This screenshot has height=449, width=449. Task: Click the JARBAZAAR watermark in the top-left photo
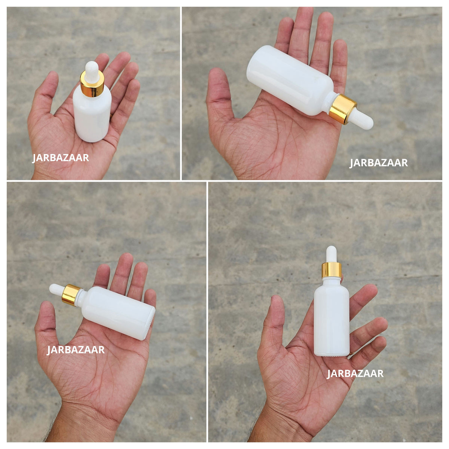[x=61, y=158]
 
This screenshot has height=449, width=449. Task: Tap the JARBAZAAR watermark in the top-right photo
[x=378, y=163]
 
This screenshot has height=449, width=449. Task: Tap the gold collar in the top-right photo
[x=342, y=109]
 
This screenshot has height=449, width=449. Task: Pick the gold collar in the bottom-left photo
[x=71, y=295]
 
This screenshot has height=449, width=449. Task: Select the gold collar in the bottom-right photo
[x=332, y=270]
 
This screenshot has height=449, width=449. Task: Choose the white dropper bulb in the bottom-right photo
[x=332, y=255]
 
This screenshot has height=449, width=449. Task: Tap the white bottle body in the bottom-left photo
[x=116, y=312]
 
